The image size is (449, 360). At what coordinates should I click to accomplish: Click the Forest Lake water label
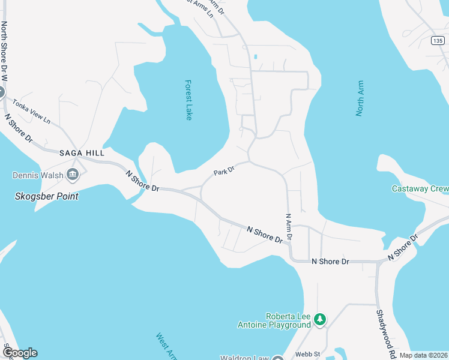pos(188,100)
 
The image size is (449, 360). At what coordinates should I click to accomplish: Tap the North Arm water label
pos(360,98)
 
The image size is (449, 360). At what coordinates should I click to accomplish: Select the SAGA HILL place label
pos(82,153)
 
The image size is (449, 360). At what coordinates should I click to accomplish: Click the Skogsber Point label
pos(47,196)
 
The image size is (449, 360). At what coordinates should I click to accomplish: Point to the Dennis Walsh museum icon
pos(74,175)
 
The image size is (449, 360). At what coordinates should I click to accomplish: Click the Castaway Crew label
pos(420,188)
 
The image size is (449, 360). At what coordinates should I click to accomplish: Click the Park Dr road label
pos(223,172)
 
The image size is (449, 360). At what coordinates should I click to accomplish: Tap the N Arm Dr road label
pos(289,227)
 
